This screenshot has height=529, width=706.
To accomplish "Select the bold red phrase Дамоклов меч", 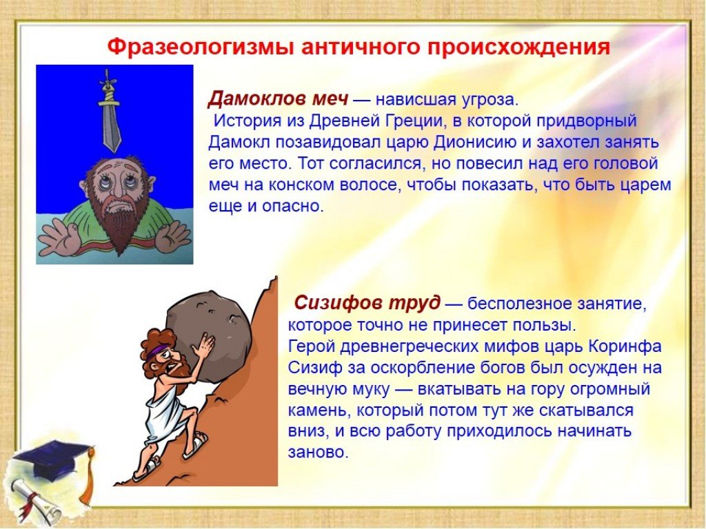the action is click(278, 98).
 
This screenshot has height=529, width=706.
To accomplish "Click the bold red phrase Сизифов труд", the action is click(367, 303).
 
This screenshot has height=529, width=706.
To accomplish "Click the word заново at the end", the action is click(319, 452).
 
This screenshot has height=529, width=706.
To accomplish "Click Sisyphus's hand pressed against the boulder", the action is click(205, 347).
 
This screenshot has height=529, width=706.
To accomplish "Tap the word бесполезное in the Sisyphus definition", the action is click(518, 304).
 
